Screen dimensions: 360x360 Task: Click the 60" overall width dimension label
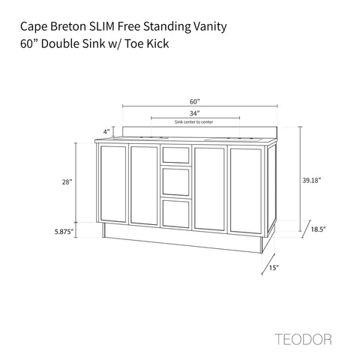195,101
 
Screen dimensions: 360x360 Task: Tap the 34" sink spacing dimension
194,113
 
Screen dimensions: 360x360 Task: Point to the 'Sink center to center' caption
193,122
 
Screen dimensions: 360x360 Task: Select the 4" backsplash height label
106,131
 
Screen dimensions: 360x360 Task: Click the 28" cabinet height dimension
67,182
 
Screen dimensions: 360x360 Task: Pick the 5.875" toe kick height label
64,232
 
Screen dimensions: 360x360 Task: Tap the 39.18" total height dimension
311,180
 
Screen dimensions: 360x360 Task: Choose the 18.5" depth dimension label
318,229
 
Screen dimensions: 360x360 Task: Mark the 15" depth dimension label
274,268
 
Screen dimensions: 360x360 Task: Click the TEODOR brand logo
304,339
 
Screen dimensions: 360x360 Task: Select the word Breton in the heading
67,26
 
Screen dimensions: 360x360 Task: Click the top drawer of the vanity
176,154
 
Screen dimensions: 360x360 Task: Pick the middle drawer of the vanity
176,181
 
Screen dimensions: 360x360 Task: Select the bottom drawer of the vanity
176,214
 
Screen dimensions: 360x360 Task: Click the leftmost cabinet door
113,184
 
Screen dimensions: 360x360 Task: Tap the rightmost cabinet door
246,191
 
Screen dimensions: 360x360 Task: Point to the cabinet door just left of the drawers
144,185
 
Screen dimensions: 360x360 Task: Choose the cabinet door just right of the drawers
209,189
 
